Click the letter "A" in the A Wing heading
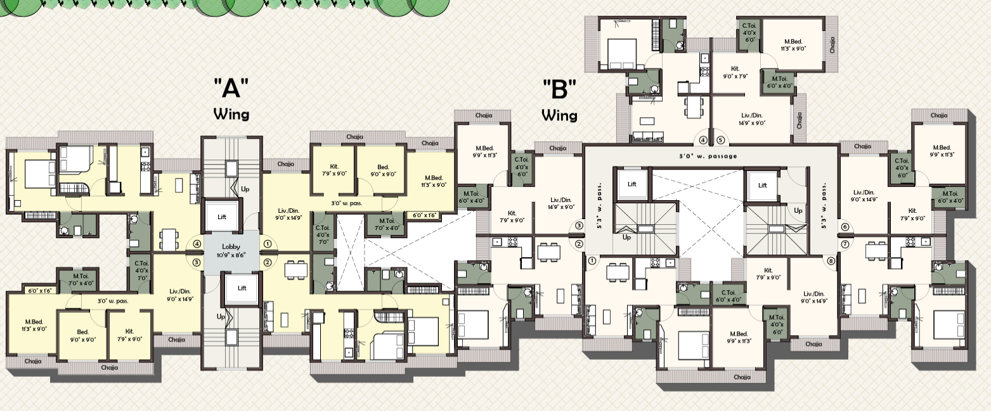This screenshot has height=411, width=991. click(230, 87)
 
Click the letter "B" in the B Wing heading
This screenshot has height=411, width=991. click(559, 89)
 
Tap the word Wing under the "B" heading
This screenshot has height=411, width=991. click(559, 116)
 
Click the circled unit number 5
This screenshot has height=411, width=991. click(720, 141)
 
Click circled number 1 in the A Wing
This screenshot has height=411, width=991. click(268, 243)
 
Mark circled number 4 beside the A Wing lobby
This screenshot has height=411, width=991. click(197, 243)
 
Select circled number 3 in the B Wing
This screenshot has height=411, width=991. click(579, 225)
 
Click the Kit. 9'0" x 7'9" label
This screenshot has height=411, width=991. click(735, 72)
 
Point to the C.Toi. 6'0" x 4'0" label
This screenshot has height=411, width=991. click(729, 296)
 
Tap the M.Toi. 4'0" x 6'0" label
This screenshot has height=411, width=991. click(776, 323)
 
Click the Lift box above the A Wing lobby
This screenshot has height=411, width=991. click(222, 217)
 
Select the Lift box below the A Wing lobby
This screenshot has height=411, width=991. click(242, 288)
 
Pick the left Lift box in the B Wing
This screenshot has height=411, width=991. click(632, 184)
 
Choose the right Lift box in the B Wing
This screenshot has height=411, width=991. click(762, 186)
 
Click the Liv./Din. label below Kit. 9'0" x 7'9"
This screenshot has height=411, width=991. click(752, 120)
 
